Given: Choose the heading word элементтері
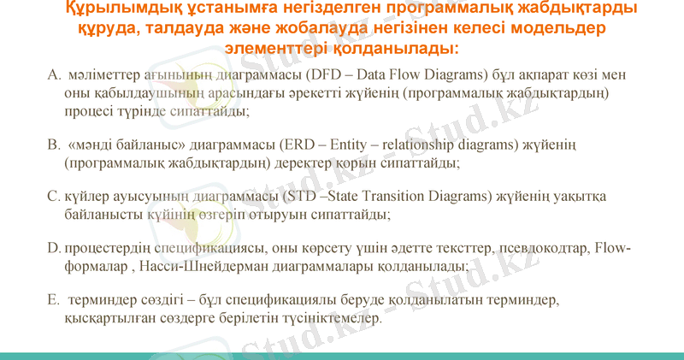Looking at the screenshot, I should (x=283, y=47).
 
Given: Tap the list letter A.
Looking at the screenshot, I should (x=53, y=74).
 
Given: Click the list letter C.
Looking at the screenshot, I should (x=53, y=196).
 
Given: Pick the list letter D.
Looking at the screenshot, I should (x=53, y=249).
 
